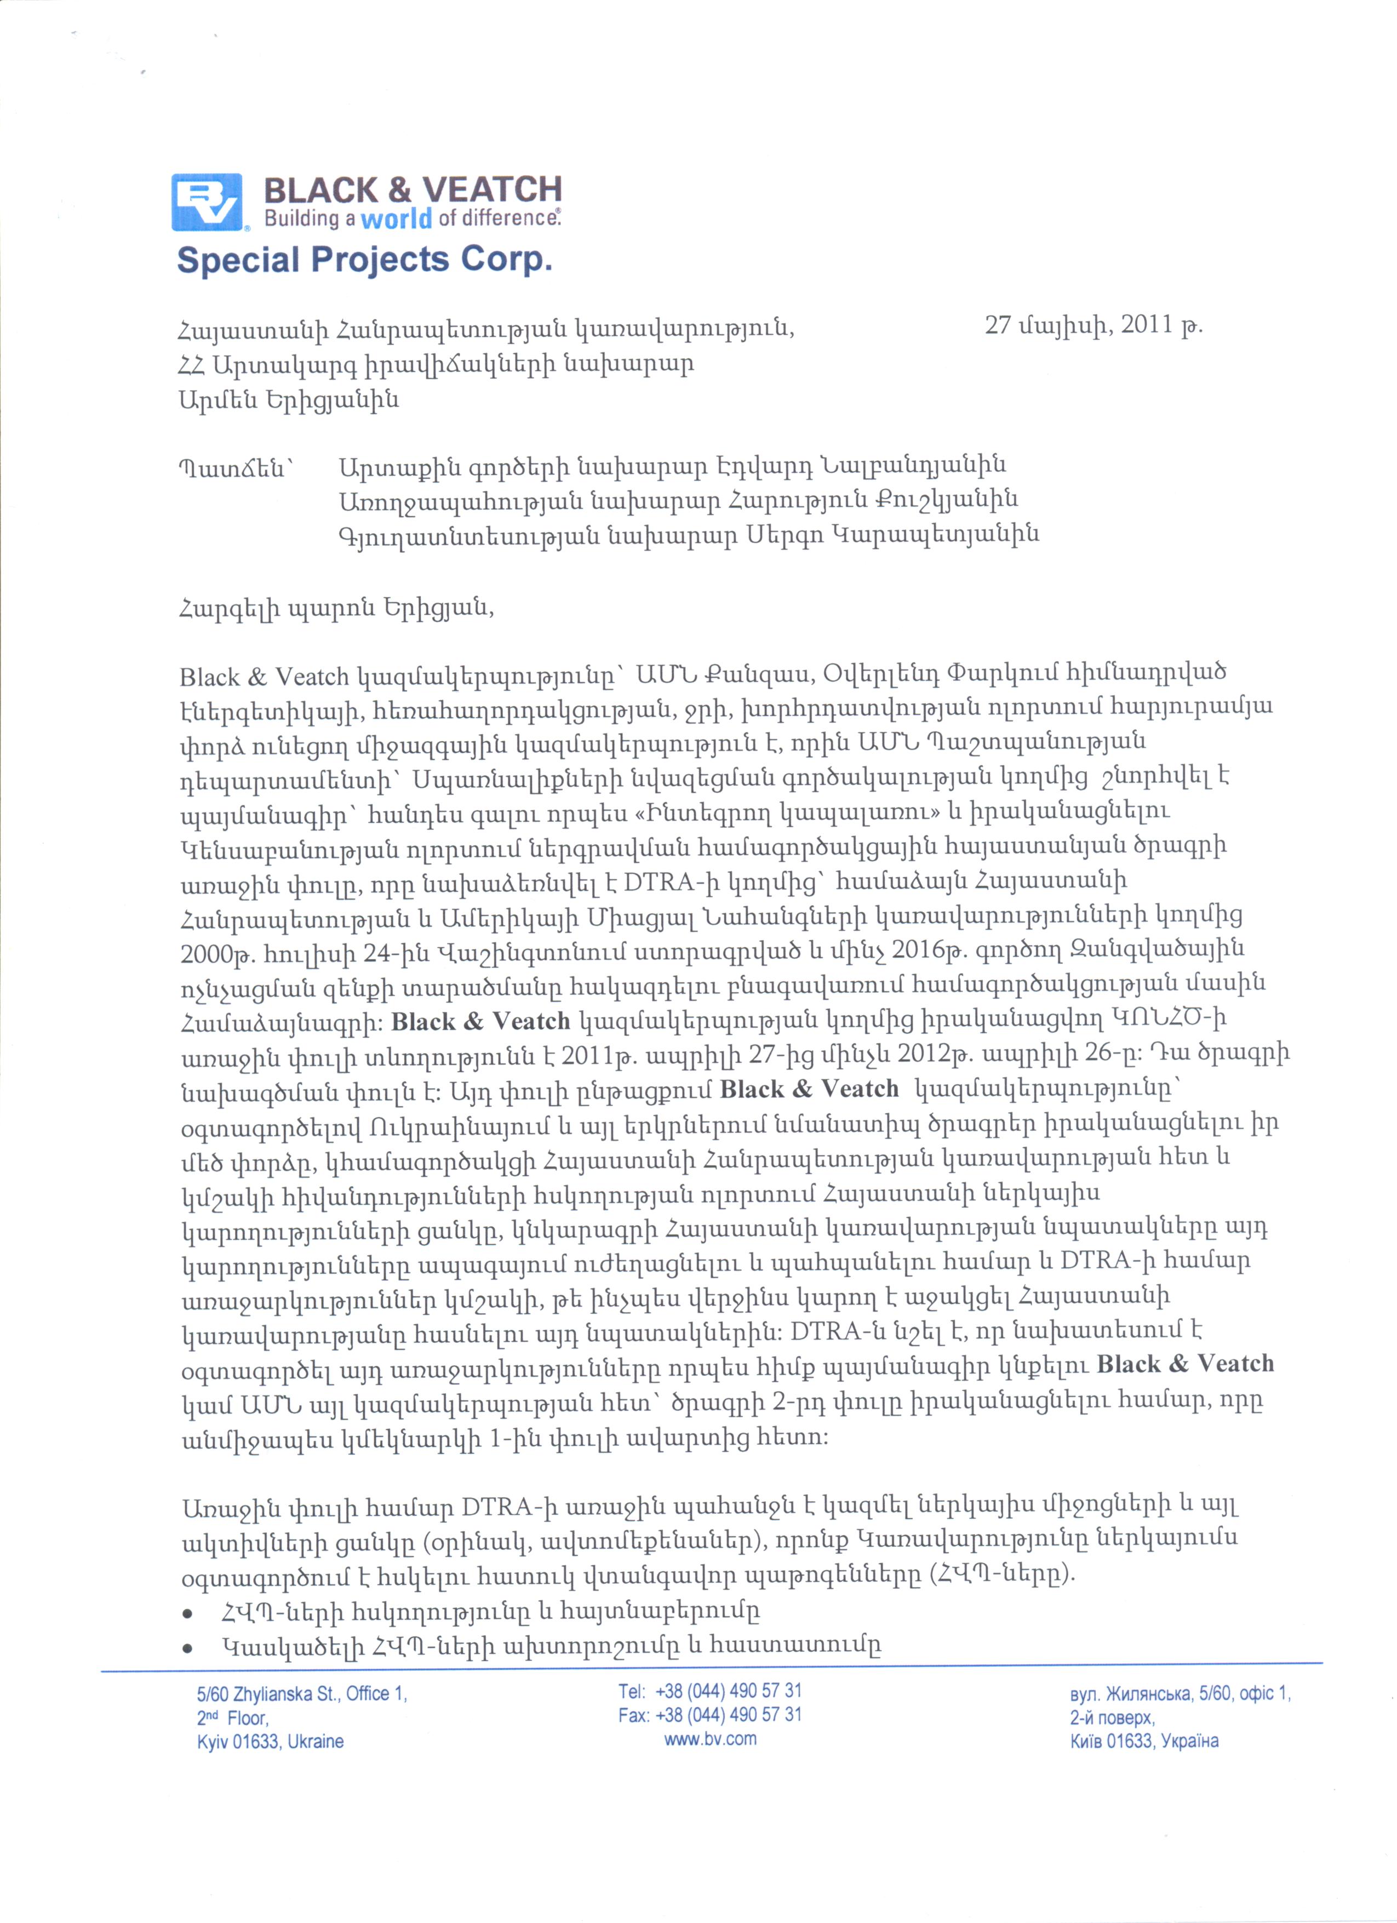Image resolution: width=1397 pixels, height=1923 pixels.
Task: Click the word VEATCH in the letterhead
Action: click(x=491, y=188)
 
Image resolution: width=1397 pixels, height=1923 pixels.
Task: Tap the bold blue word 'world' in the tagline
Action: click(x=396, y=220)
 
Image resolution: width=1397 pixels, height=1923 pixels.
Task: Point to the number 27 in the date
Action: click(x=999, y=325)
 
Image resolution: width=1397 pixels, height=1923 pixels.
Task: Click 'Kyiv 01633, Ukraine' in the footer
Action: click(x=271, y=1742)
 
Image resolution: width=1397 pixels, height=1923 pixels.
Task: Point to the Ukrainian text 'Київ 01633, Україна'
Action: click(x=1143, y=1741)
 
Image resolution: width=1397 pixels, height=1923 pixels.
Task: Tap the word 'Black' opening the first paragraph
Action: click(x=209, y=678)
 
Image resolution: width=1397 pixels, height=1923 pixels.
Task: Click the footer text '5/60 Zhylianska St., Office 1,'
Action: click(x=302, y=1693)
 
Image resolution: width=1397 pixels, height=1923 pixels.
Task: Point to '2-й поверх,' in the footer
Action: click(x=1112, y=1717)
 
